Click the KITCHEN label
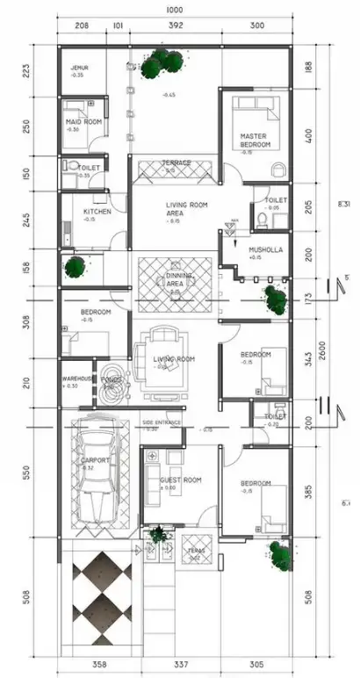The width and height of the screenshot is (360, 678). (x=97, y=212)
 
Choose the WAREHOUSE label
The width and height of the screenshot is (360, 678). (x=77, y=380)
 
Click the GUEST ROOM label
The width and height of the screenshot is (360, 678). (x=181, y=480)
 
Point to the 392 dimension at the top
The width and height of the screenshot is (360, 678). (x=176, y=26)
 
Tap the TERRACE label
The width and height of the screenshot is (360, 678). (x=176, y=162)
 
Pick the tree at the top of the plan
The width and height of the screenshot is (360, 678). (x=158, y=62)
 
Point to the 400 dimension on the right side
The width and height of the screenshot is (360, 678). (x=306, y=137)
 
